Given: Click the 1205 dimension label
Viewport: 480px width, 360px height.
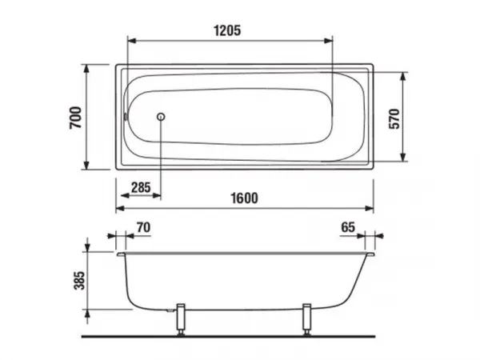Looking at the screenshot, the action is click(227, 30).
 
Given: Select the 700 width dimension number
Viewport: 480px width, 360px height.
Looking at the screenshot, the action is click(76, 118).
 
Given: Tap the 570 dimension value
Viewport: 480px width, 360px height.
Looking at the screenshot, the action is click(394, 118).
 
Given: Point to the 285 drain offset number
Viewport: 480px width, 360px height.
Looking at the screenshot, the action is click(141, 187).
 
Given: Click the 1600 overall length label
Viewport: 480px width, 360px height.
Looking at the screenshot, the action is click(244, 198).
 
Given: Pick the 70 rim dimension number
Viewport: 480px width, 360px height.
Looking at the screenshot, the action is click(143, 227).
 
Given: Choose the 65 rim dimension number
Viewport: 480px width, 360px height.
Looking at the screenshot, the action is click(348, 227).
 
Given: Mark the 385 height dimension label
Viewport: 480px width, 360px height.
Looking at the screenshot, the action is click(79, 280).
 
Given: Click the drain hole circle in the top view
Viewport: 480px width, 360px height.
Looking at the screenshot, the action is click(161, 117).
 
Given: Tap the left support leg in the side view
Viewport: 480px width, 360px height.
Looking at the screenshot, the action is click(181, 319).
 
